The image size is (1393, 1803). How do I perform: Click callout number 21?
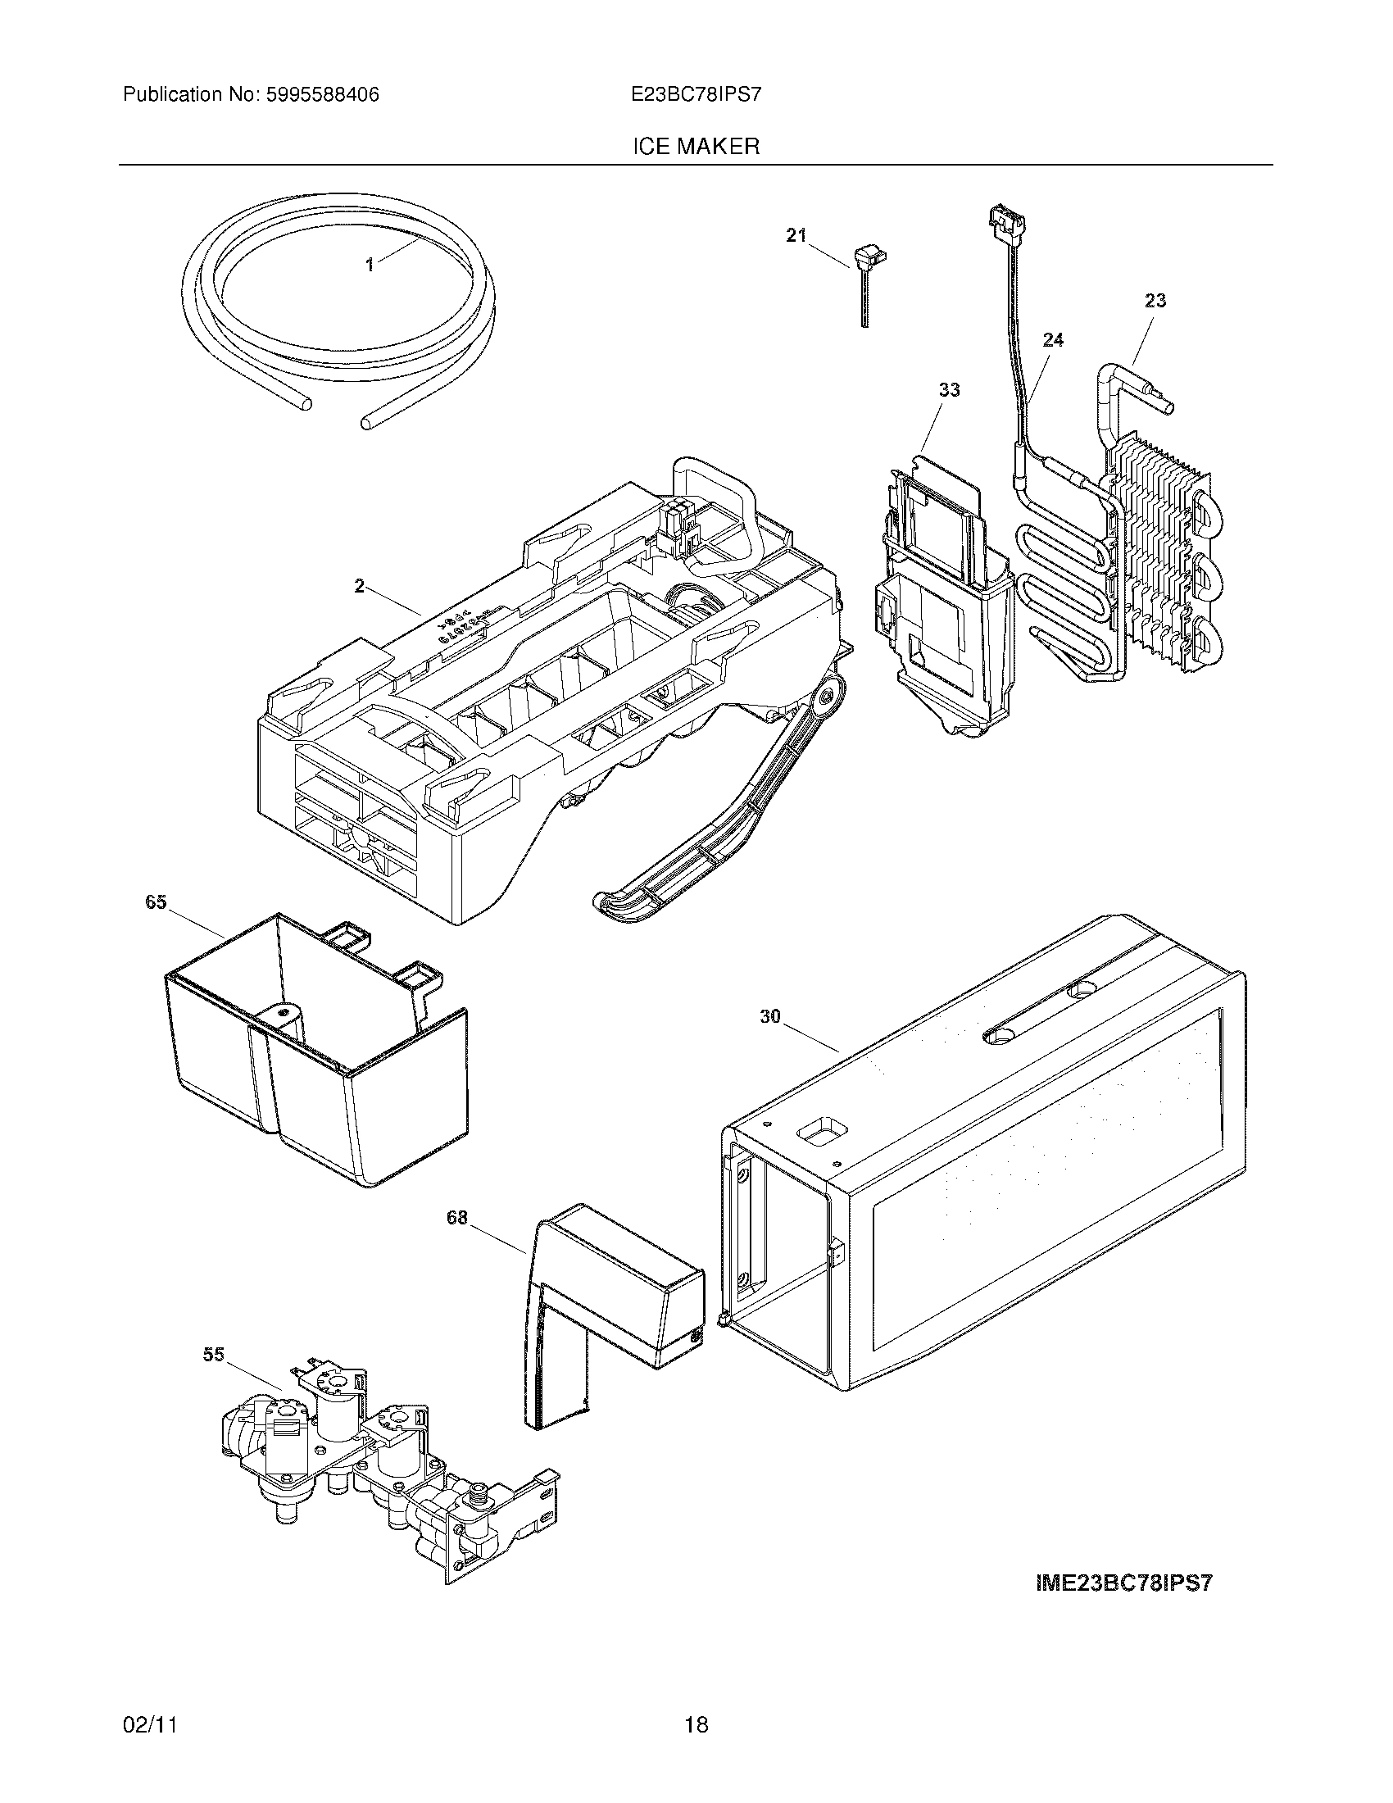(796, 236)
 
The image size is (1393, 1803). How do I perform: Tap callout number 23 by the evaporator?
(1155, 301)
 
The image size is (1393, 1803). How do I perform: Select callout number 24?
(1053, 340)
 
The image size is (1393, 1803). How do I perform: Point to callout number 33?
(949, 389)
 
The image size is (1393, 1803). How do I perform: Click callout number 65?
(156, 902)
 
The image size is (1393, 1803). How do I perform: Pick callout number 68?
(457, 1218)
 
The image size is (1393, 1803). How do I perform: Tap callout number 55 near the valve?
(214, 1355)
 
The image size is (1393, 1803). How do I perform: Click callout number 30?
(770, 1017)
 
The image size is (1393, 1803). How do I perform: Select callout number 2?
(359, 586)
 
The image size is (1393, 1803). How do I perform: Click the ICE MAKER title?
(696, 147)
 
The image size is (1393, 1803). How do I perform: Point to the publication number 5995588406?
(323, 95)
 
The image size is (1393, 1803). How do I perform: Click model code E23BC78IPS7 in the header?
(696, 95)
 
